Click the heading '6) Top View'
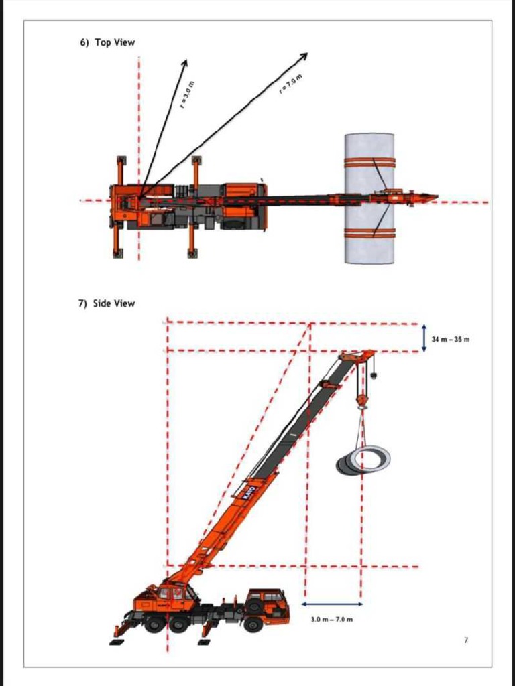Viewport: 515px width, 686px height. (x=107, y=42)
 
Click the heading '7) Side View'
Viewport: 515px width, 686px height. (x=107, y=303)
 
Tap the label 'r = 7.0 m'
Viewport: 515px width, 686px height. (x=291, y=84)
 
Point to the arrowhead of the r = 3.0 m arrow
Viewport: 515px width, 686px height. (x=185, y=62)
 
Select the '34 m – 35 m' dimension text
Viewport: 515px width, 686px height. (x=450, y=340)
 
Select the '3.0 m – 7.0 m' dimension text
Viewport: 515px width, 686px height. (x=333, y=619)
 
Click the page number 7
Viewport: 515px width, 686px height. (x=466, y=641)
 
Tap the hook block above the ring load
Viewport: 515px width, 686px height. (x=363, y=401)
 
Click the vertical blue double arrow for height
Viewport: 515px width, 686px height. (x=424, y=338)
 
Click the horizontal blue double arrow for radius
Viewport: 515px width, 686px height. (x=333, y=604)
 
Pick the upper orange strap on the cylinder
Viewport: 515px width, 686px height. (x=369, y=161)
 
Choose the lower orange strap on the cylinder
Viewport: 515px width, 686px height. (x=369, y=233)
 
